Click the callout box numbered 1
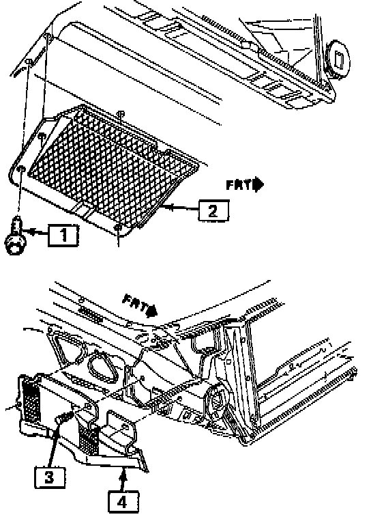pyautogui.click(x=63, y=236)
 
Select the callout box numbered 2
pyautogui.click(x=213, y=210)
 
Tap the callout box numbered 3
pyautogui.click(x=50, y=477)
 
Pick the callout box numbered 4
pyautogui.click(x=123, y=502)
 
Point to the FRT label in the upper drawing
pyautogui.click(x=239, y=184)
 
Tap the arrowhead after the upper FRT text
pyautogui.click(x=258, y=184)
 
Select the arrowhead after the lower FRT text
pyautogui.click(x=152, y=311)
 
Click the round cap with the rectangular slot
pyautogui.click(x=338, y=60)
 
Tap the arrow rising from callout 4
pyautogui.click(x=123, y=480)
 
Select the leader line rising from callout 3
pyautogui.click(x=55, y=445)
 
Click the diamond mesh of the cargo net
pyautogui.click(x=113, y=165)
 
